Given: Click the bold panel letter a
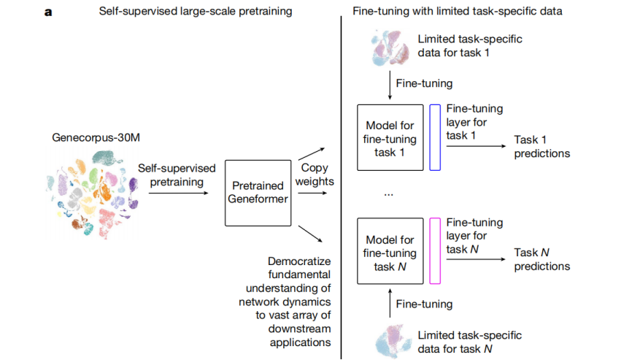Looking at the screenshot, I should click(48, 12).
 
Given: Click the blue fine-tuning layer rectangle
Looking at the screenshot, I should click(435, 137).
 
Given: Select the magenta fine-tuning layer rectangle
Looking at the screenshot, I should click(435, 251).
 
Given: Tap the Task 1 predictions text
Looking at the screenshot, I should click(541, 146).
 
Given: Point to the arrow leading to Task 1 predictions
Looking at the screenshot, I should click(474, 146).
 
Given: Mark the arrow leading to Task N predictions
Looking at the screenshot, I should click(474, 258).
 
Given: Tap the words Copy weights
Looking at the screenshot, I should click(315, 174).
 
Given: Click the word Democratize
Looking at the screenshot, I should click(301, 261).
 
